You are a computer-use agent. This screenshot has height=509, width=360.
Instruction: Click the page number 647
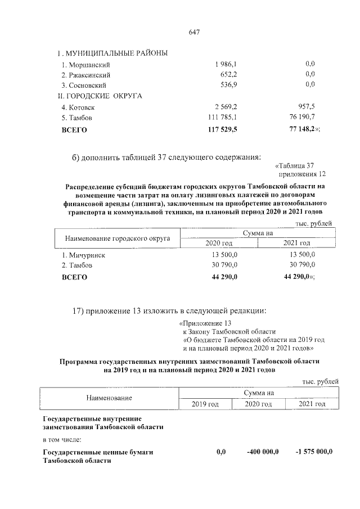tap(195, 32)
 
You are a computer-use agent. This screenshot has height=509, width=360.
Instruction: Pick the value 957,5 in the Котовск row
tap(304, 107)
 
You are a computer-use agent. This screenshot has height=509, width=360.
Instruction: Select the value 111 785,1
tap(223, 118)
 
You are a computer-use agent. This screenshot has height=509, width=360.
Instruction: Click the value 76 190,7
tap(299, 118)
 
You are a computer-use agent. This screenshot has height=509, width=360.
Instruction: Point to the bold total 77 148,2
tap(300, 129)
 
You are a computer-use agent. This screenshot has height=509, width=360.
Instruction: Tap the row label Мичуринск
tap(83, 255)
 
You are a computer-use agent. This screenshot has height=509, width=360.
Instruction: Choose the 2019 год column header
tap(205, 404)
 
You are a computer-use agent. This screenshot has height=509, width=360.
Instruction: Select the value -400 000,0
tap(263, 452)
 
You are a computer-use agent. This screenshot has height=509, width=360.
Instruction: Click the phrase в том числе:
tap(62, 439)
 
